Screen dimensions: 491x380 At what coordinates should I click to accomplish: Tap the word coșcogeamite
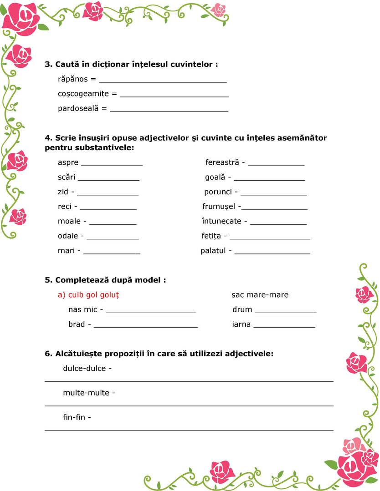click(83, 94)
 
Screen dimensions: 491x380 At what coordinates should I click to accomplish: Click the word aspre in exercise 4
click(68, 162)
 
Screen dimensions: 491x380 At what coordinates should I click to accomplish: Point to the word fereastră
click(222, 162)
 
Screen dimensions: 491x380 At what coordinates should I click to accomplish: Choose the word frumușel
click(219, 207)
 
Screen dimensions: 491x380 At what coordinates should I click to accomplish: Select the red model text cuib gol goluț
click(88, 295)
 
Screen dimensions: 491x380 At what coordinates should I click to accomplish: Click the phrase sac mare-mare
click(260, 295)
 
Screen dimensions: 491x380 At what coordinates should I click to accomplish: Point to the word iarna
click(241, 324)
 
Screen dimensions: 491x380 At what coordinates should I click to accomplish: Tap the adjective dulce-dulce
click(84, 369)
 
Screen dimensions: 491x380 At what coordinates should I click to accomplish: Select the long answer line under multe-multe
click(189, 405)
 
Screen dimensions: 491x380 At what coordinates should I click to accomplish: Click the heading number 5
click(48, 280)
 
